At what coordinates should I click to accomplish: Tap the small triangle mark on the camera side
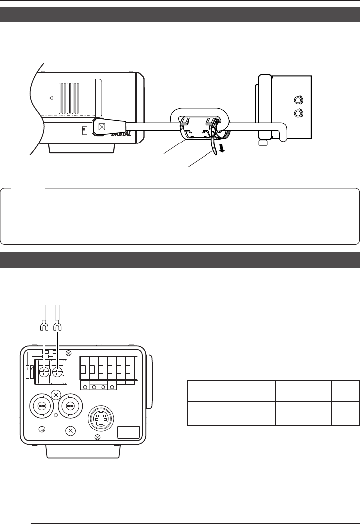(x=51, y=98)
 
